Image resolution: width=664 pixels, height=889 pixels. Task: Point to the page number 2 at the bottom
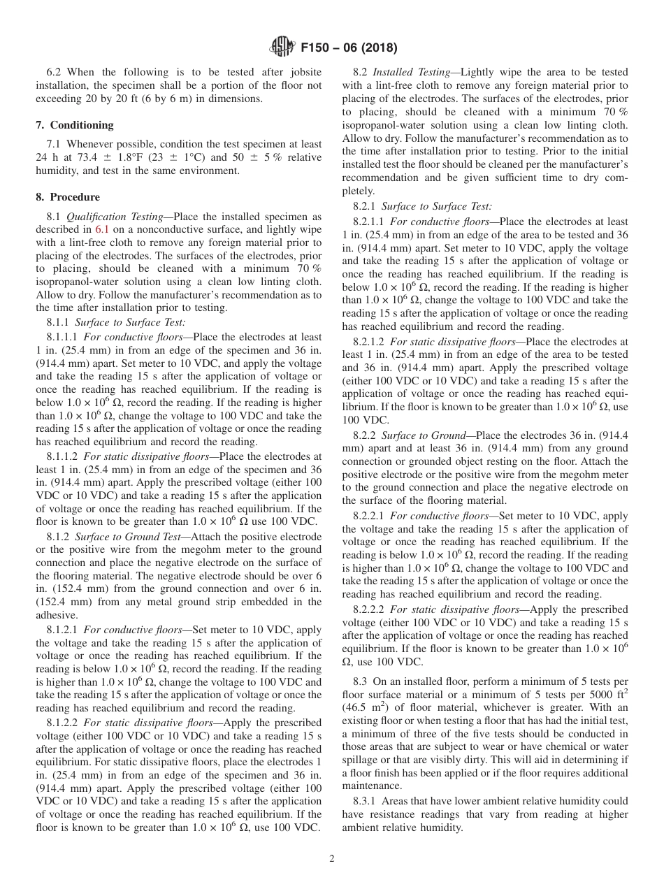[332, 859]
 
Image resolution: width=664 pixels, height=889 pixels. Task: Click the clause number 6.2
[54, 72]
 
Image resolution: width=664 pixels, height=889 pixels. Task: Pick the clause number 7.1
[54, 143]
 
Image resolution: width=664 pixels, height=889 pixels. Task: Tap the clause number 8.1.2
[58, 537]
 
